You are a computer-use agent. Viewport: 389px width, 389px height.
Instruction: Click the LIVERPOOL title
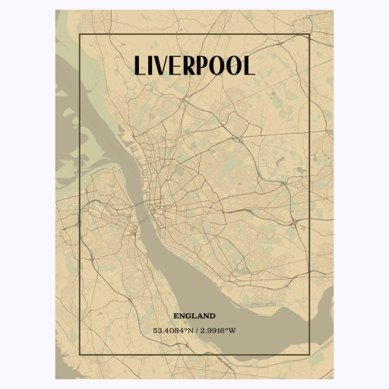coord(194,65)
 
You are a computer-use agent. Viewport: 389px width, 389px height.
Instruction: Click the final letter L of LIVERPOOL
coord(249,66)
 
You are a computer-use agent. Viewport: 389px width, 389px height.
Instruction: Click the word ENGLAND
coord(194,315)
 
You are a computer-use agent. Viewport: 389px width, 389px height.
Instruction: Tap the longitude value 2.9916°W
coord(218,330)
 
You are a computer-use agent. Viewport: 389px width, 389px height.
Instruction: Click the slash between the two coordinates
coord(197,330)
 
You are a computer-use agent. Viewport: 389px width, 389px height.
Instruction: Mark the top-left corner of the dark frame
coord(79,35)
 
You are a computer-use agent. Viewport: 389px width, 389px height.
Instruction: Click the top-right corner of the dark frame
coord(311,35)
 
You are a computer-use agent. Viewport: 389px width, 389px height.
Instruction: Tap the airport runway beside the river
coord(262,303)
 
